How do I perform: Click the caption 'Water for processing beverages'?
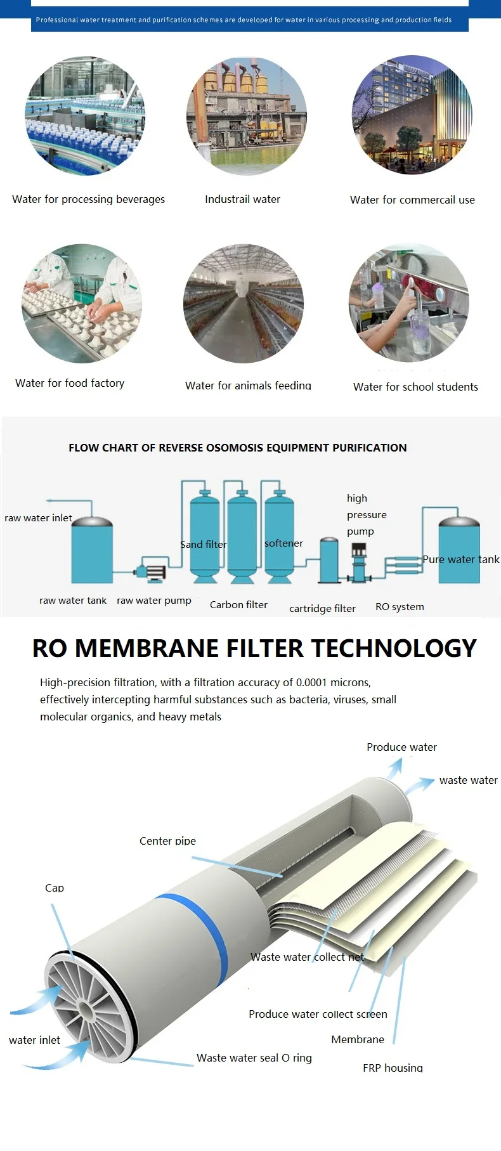coord(88,199)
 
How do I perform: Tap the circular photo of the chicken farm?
coord(244,304)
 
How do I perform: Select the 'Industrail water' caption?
coord(242,199)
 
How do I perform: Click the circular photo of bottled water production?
coord(85,115)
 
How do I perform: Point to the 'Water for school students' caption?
coord(415,387)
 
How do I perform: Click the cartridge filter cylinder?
coord(329,559)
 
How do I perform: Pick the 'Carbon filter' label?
coord(238,605)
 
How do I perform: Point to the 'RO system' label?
coord(400,607)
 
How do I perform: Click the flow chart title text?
coord(237,448)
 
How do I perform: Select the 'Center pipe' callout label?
coord(167,841)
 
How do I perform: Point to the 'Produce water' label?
coord(401,747)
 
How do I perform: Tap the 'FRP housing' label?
coord(393,1068)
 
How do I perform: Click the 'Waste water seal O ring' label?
coord(254,1058)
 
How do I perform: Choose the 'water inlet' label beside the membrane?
coord(34,1040)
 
